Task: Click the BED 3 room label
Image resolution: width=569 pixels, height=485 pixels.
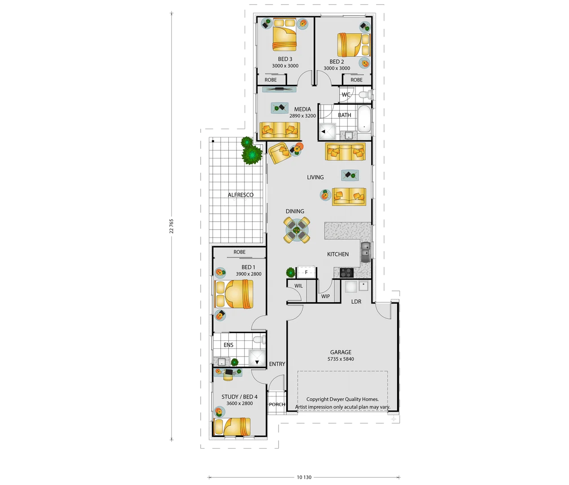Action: [285, 59]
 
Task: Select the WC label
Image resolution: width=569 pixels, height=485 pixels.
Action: [346, 95]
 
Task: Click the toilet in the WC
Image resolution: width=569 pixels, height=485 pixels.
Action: [364, 95]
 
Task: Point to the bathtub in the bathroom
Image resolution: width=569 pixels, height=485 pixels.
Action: [364, 119]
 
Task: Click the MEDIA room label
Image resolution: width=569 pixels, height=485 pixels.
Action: [302, 109]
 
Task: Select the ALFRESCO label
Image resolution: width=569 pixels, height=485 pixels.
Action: [241, 195]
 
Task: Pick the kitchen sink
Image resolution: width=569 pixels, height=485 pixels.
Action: [365, 250]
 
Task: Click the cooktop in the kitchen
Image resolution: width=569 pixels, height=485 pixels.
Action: [346, 272]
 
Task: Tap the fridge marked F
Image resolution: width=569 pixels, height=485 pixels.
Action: [306, 272]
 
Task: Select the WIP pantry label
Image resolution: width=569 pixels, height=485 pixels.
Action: [326, 296]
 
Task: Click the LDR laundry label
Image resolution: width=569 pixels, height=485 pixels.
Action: [356, 302]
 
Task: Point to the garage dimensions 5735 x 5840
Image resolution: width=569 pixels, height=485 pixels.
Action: [341, 359]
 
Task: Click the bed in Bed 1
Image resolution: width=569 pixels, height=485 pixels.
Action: [234, 294]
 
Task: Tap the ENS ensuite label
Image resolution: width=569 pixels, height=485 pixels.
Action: [228, 345]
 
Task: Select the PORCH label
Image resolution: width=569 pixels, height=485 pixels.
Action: [277, 405]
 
